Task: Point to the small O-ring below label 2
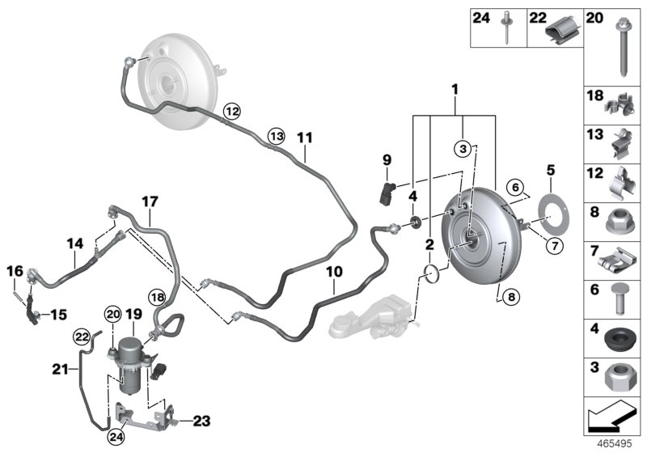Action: coord(433,273)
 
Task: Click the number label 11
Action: coord(303,138)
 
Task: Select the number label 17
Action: coord(150,201)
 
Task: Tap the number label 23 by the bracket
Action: coord(200,420)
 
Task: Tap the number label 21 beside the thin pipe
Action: coord(57,370)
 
